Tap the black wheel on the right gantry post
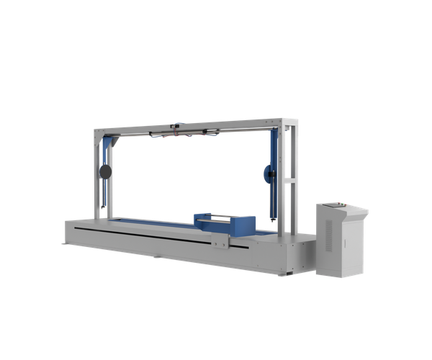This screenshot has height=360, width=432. tap(269, 172)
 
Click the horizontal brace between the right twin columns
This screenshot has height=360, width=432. tap(287, 179)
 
